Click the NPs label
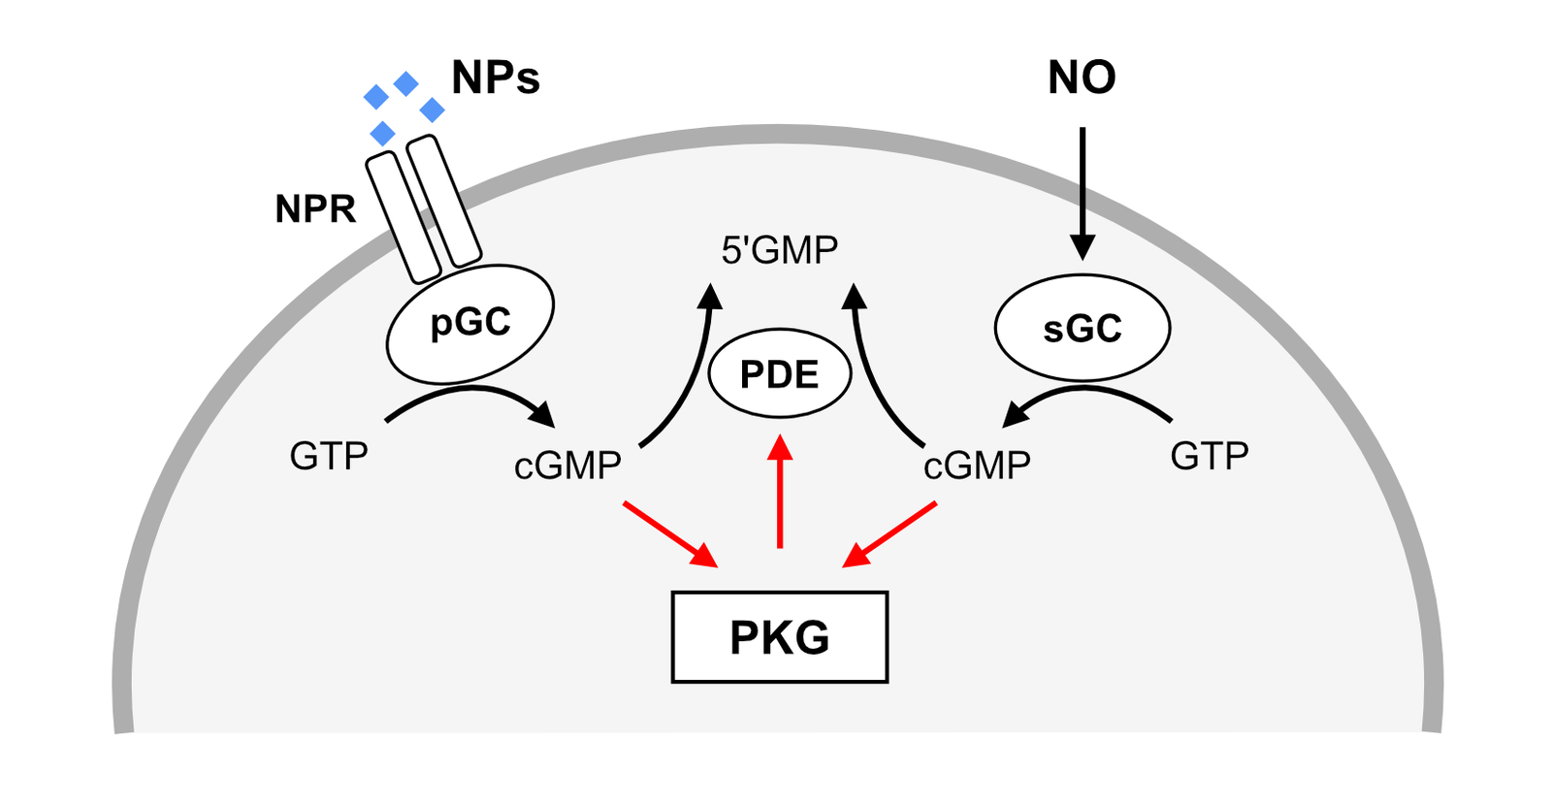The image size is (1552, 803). point(495,78)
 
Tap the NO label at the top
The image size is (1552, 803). point(1082,78)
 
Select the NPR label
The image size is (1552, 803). point(315,209)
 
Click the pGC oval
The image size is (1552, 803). point(470,323)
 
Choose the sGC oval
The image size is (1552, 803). point(1083,329)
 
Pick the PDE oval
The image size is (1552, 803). point(780,374)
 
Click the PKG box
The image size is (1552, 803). point(780,637)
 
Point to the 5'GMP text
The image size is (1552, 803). point(780,250)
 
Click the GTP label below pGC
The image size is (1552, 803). point(329,456)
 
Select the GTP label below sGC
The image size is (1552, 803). point(1210,456)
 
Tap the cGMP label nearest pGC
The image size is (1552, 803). point(567,466)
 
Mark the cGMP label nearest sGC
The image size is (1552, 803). point(977,466)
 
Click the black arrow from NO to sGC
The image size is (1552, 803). point(1083,194)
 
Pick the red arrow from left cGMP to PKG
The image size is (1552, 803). point(669,533)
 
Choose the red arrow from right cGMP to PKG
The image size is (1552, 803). point(890,533)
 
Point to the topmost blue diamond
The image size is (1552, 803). point(406,84)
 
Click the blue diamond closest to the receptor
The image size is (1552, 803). point(383,133)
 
